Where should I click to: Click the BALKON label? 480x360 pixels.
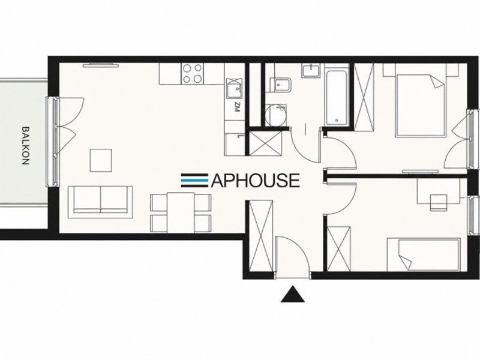click(25, 146)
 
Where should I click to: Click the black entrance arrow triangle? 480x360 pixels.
click(293, 294)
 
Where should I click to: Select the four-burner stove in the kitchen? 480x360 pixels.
click(192, 74)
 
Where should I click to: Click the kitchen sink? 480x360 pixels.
click(234, 88)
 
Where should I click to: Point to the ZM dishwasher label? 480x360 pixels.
click(236, 108)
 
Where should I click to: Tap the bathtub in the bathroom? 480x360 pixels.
click(337, 98)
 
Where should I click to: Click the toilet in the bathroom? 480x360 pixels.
click(281, 85)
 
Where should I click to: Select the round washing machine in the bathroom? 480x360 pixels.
click(276, 115)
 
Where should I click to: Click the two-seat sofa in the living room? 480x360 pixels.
click(100, 202)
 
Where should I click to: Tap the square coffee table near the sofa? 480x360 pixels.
click(101, 160)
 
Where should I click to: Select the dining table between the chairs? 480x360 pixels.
click(181, 212)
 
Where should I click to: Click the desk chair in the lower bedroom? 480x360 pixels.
click(439, 202)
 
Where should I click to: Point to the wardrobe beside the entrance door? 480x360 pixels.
click(261, 235)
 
